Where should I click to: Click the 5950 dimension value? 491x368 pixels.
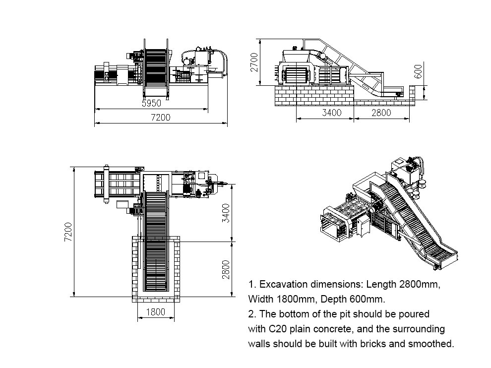tap(152, 103)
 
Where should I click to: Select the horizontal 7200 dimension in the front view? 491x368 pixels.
tap(161, 118)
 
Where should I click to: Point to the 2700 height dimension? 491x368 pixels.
tap(254, 62)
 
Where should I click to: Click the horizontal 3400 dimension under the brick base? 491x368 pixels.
tap(332, 113)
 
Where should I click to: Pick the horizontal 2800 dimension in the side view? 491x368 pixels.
tap(381, 113)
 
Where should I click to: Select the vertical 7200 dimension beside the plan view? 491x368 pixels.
tap(68, 232)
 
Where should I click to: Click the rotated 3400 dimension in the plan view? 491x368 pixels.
tap(226, 213)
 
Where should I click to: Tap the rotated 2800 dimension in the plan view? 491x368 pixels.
tap(226, 269)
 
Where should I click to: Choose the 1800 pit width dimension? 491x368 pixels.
tap(156, 312)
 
